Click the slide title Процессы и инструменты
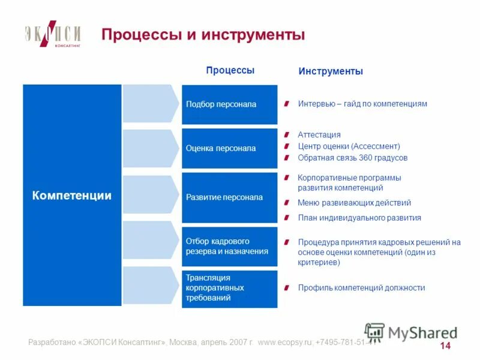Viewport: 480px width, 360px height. (x=203, y=35)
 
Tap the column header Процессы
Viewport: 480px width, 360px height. (x=230, y=70)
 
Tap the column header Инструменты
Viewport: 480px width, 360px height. (x=331, y=71)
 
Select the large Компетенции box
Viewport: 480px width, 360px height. (x=72, y=195)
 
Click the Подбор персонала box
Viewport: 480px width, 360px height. (x=230, y=104)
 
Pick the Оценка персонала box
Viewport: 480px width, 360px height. (x=230, y=148)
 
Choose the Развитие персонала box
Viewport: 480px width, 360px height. (x=230, y=197)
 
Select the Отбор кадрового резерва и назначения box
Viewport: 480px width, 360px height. (x=230, y=246)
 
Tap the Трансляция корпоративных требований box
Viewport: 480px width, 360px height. (x=230, y=288)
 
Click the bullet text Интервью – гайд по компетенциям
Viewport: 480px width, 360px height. (x=362, y=104)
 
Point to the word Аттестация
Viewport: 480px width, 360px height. (x=319, y=135)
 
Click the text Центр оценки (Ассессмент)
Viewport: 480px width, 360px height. (x=349, y=146)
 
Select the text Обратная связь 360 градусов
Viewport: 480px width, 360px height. (x=352, y=158)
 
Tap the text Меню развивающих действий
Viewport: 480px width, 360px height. (x=354, y=203)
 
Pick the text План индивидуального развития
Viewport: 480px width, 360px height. (x=359, y=218)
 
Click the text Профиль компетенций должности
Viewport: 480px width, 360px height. (x=361, y=288)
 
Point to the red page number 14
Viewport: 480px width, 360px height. (x=445, y=346)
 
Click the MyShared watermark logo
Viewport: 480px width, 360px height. (x=411, y=332)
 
